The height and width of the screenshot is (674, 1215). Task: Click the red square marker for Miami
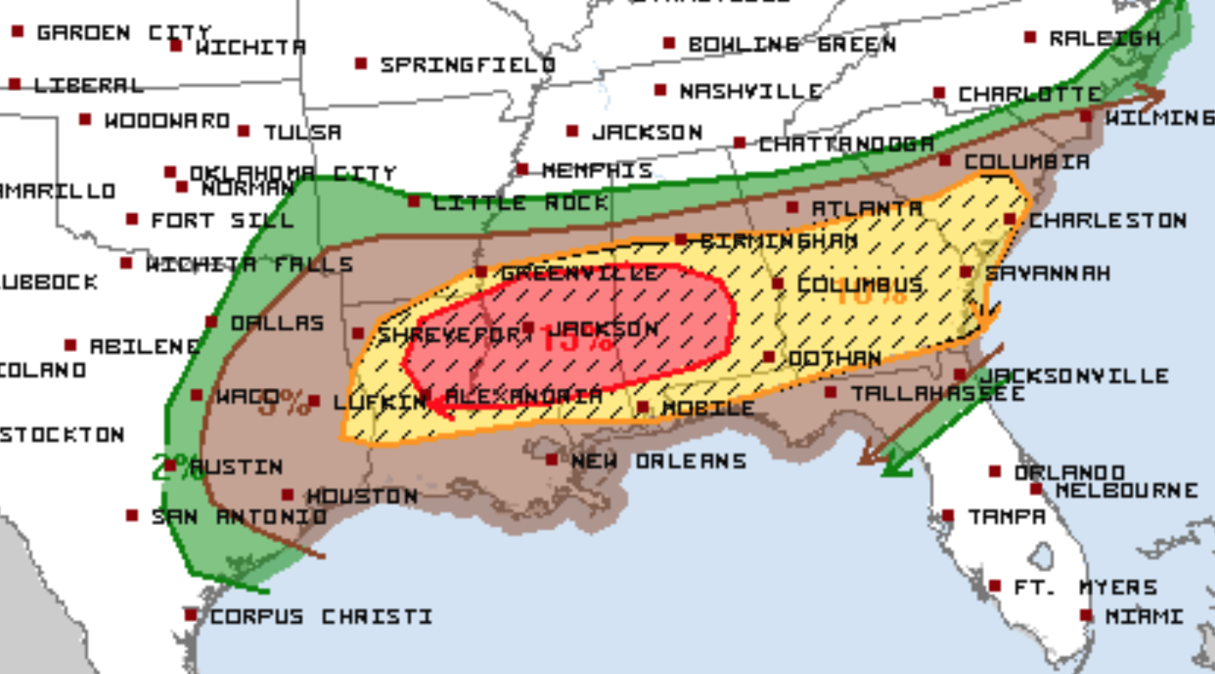tap(1085, 615)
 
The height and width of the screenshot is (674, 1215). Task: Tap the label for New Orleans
tap(658, 461)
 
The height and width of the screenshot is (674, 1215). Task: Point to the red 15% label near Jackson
tap(577, 340)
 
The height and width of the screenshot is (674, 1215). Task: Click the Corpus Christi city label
tap(321, 617)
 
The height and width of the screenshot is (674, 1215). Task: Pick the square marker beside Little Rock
tap(414, 202)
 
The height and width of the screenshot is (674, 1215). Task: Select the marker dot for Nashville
tap(660, 89)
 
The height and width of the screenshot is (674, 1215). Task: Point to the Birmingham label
tap(779, 242)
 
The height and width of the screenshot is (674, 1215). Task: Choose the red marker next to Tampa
tap(948, 516)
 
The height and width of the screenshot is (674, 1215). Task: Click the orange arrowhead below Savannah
tap(986, 318)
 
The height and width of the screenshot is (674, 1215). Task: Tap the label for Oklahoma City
tap(292, 174)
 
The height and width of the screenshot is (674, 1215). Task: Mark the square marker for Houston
tap(287, 495)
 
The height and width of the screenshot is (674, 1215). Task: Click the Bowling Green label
tap(791, 44)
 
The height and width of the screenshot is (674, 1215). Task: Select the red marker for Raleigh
tap(1030, 38)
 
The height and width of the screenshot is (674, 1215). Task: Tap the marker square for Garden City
tap(18, 32)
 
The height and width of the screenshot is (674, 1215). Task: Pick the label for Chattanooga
tap(846, 144)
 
